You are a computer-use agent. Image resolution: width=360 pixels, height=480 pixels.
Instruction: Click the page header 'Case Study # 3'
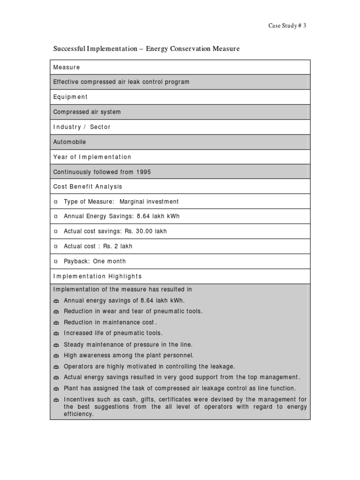(x=287, y=26)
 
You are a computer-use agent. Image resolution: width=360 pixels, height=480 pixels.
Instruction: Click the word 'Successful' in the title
(x=68, y=49)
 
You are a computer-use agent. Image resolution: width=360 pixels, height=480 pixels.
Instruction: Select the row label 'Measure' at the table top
(x=67, y=67)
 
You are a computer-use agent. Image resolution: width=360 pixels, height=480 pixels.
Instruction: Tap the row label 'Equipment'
(x=70, y=97)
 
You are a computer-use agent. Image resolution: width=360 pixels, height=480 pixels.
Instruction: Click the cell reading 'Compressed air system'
(x=87, y=112)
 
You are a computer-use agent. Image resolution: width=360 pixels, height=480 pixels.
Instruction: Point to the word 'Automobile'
(x=69, y=142)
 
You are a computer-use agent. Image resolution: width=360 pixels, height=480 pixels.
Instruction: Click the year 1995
(x=143, y=172)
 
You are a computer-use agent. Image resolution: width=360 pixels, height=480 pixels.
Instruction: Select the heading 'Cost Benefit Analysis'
(x=88, y=187)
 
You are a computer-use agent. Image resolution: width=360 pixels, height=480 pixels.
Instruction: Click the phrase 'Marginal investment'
(x=149, y=202)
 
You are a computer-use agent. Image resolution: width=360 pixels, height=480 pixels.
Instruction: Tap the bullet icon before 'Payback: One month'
(x=56, y=262)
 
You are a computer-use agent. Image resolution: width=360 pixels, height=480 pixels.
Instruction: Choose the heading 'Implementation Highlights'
(x=97, y=277)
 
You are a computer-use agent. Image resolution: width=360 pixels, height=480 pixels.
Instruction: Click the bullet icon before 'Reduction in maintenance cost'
(x=56, y=323)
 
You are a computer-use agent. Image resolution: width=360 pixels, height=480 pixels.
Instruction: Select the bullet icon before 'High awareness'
(x=56, y=356)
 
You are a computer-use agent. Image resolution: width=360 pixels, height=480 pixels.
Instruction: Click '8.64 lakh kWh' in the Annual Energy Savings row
(x=158, y=217)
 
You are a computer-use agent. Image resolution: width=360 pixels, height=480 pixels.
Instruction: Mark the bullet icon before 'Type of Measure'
(x=56, y=202)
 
